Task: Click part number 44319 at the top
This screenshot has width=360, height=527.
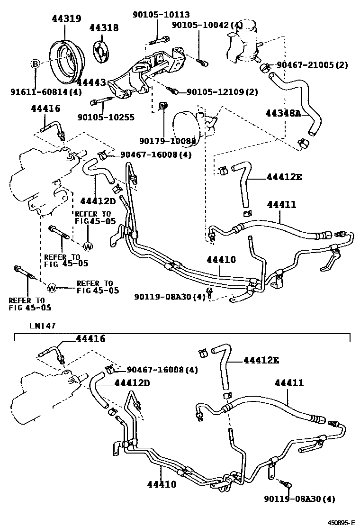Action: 66,19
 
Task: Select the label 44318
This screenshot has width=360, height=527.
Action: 104,27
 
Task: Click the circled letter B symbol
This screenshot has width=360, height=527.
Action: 36,64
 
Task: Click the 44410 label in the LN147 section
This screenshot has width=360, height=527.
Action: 162,484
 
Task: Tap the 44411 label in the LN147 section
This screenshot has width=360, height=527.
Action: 288,383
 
